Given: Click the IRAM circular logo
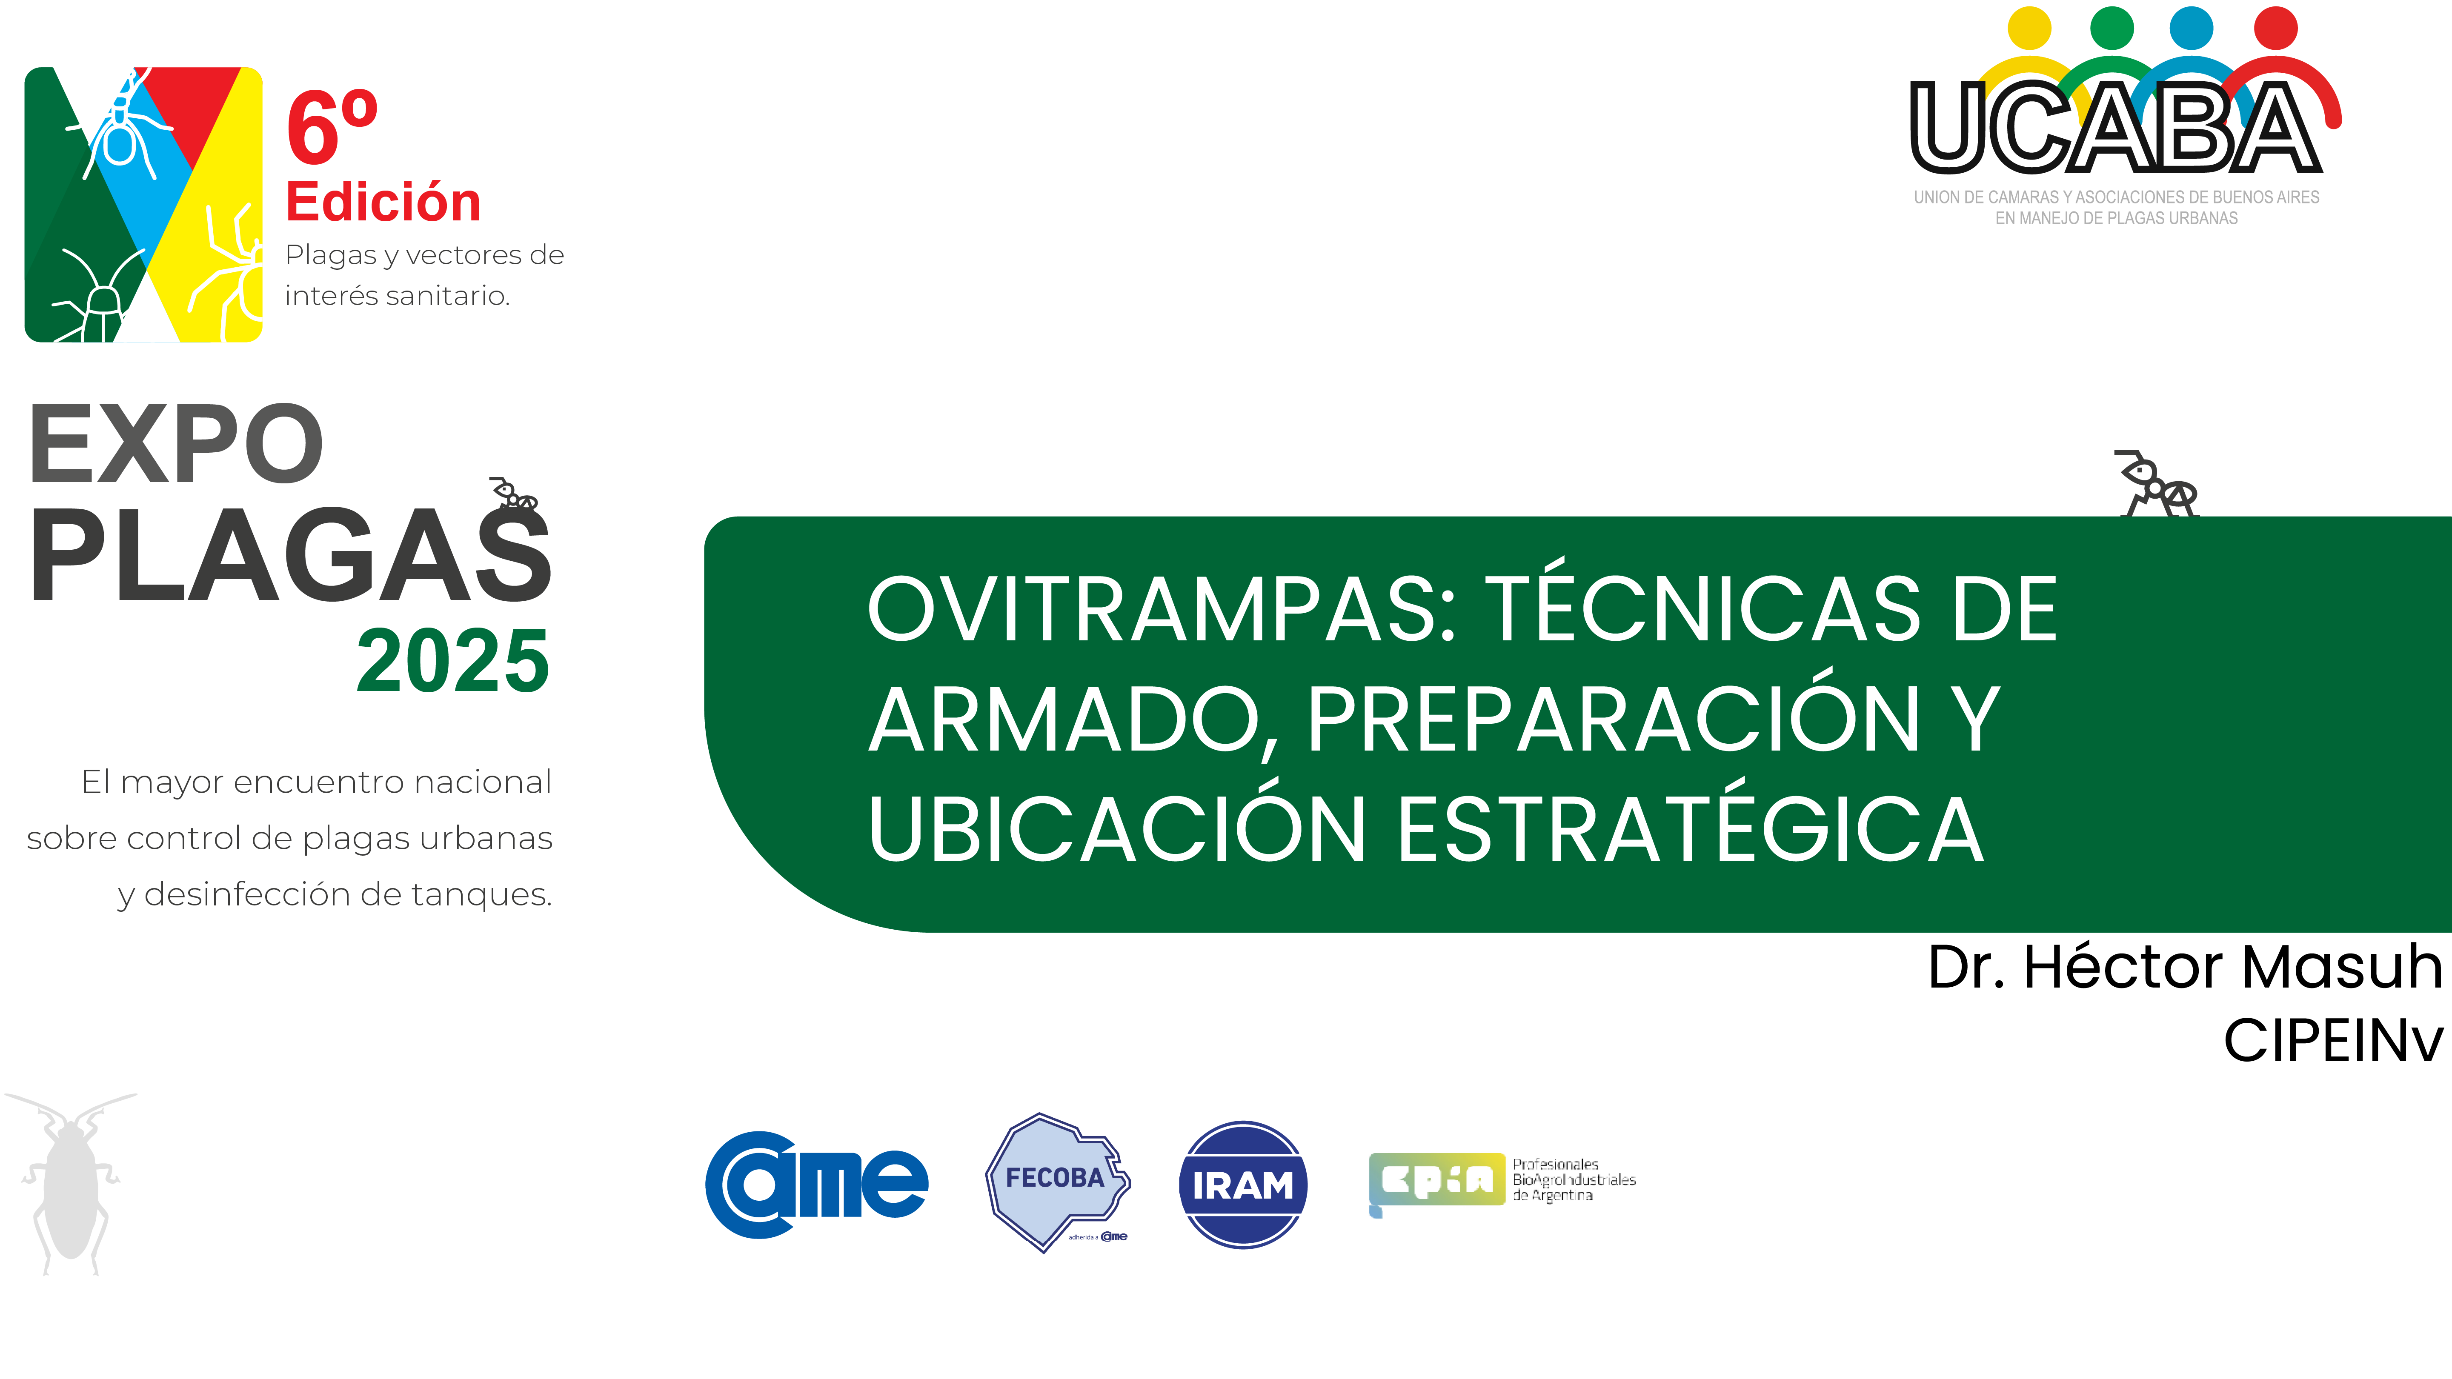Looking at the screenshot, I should pos(1242,1185).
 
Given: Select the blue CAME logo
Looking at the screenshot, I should pos(816,1185).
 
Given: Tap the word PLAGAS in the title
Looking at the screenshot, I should pos(290,557).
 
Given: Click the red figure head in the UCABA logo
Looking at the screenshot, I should pos(2276,28).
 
